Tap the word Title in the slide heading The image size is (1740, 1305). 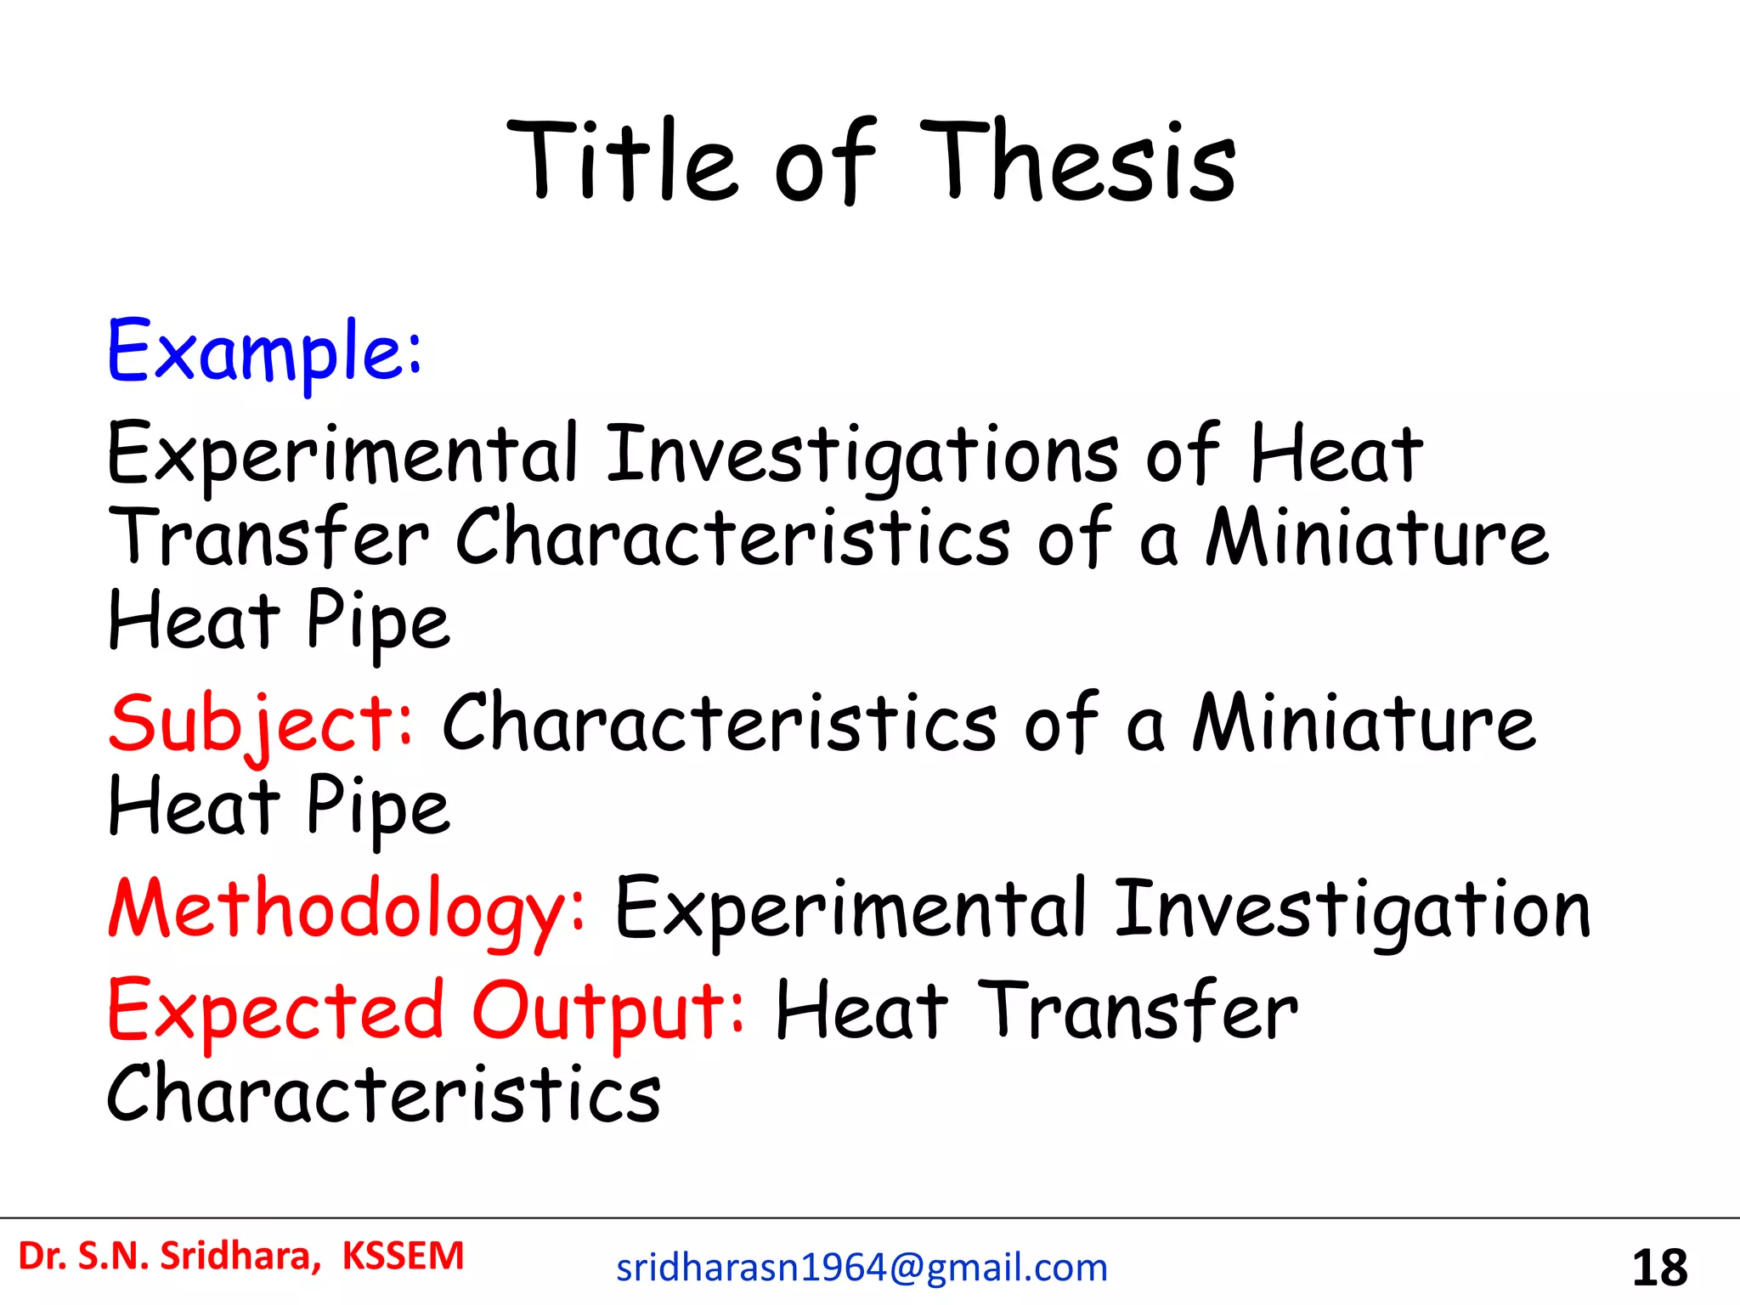[x=621, y=161]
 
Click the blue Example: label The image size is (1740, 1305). [x=264, y=351]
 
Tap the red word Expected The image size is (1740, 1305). [x=275, y=1011]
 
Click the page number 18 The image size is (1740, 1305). [x=1659, y=1268]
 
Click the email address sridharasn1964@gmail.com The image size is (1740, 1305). [x=862, y=1268]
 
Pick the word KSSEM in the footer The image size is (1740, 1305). [x=403, y=1256]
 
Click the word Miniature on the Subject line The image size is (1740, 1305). [x=1364, y=723]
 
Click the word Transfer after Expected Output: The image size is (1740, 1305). [x=1138, y=1011]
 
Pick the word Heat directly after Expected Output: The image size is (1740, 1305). [x=862, y=1011]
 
